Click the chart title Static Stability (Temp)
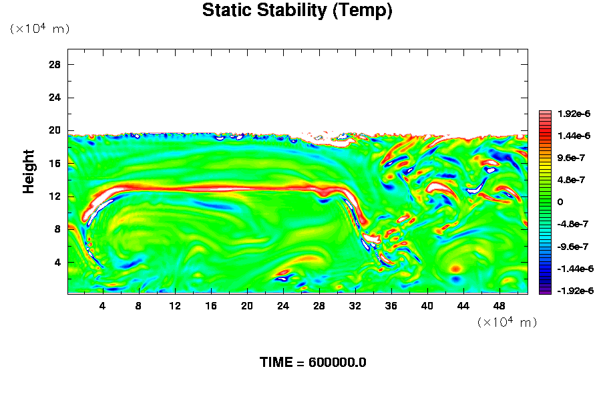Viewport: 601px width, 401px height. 297,11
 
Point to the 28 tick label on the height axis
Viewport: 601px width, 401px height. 55,64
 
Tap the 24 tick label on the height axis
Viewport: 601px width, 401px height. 55,98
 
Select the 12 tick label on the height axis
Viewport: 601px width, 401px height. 55,196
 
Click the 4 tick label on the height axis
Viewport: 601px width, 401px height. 57,263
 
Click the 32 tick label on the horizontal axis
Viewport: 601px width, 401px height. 355,305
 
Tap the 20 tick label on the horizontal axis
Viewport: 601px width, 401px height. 247,305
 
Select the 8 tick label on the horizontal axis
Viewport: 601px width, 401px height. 138,305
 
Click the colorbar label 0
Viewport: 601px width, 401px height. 560,202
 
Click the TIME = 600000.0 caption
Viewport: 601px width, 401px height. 313,363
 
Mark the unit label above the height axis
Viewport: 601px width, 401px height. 39,29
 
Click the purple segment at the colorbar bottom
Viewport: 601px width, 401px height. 545,291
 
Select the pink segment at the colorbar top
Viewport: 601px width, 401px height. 545,114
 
